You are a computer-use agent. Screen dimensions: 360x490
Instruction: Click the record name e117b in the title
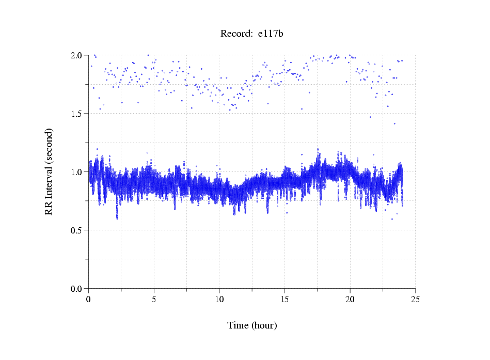pos(271,34)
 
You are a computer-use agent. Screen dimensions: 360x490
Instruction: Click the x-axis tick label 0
pos(89,299)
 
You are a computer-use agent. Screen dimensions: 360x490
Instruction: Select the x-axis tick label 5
pos(154,299)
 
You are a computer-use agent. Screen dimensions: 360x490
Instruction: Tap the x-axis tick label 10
pos(219,299)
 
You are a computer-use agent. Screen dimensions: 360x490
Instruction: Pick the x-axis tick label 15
pos(285,299)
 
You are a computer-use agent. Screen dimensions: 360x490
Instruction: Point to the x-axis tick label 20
pos(350,299)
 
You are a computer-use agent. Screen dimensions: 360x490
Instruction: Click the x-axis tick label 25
pos(416,299)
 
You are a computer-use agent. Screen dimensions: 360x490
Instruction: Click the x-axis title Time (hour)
pos(252,325)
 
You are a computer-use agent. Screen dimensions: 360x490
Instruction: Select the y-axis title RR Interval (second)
pos(49,171)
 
